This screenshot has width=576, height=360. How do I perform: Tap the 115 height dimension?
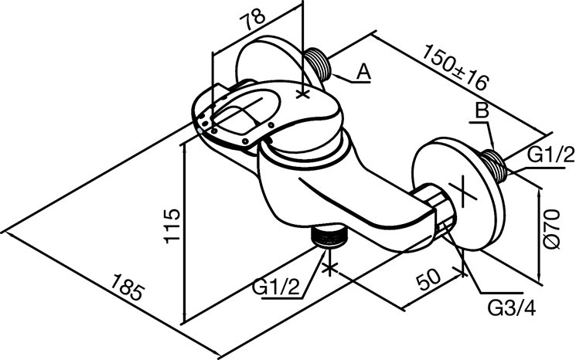point(172,226)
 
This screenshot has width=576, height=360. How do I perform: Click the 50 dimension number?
point(428,279)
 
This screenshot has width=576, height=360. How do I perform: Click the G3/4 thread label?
point(512,308)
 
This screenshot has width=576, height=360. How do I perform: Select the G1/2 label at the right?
point(550,155)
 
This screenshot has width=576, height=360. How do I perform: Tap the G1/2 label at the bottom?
point(276,287)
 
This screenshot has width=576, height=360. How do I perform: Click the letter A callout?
point(364,72)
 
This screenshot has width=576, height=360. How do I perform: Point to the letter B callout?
point(482,110)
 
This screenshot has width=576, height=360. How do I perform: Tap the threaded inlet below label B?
point(495,165)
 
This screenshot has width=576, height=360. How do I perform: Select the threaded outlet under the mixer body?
point(329,237)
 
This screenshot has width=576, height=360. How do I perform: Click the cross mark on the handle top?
point(303,94)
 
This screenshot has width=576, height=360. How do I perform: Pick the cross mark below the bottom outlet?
point(330,268)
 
